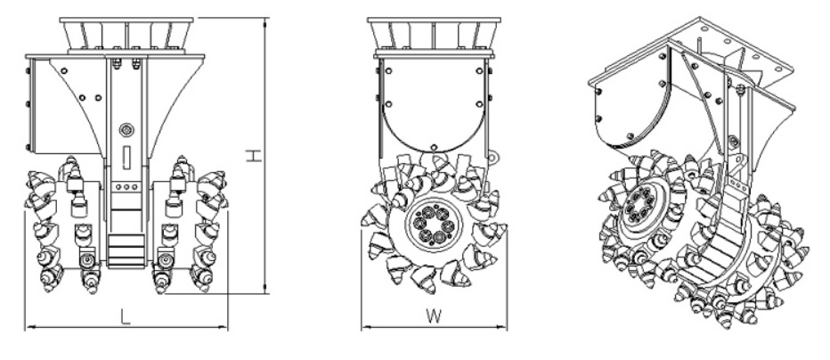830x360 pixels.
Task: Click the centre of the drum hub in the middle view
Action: (x=434, y=225)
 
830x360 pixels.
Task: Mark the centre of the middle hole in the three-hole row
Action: (x=126, y=187)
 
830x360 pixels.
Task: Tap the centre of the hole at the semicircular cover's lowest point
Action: (x=434, y=147)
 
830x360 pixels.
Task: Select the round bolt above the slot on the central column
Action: (x=126, y=129)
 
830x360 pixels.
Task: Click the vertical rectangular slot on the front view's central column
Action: (x=126, y=158)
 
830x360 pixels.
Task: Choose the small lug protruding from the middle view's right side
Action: (x=492, y=157)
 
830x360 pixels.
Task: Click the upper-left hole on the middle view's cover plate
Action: (x=389, y=70)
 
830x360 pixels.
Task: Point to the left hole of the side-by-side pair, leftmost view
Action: (x=82, y=97)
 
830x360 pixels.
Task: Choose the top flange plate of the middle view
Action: (x=434, y=20)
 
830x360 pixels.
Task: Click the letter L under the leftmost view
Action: (x=126, y=316)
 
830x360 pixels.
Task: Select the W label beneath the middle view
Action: (x=434, y=316)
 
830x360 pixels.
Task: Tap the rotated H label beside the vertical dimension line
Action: (x=254, y=156)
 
